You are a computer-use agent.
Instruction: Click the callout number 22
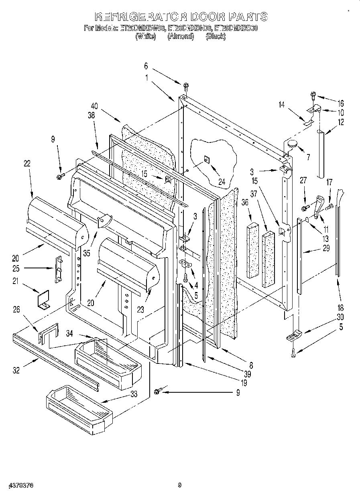coord(27,164)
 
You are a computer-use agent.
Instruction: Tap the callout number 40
coord(94,106)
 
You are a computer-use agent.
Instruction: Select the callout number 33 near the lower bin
coord(134,394)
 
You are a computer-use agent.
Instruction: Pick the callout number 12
coord(341,122)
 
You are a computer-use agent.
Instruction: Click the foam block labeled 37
coord(268,260)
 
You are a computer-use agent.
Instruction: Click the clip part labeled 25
coord(59,268)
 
